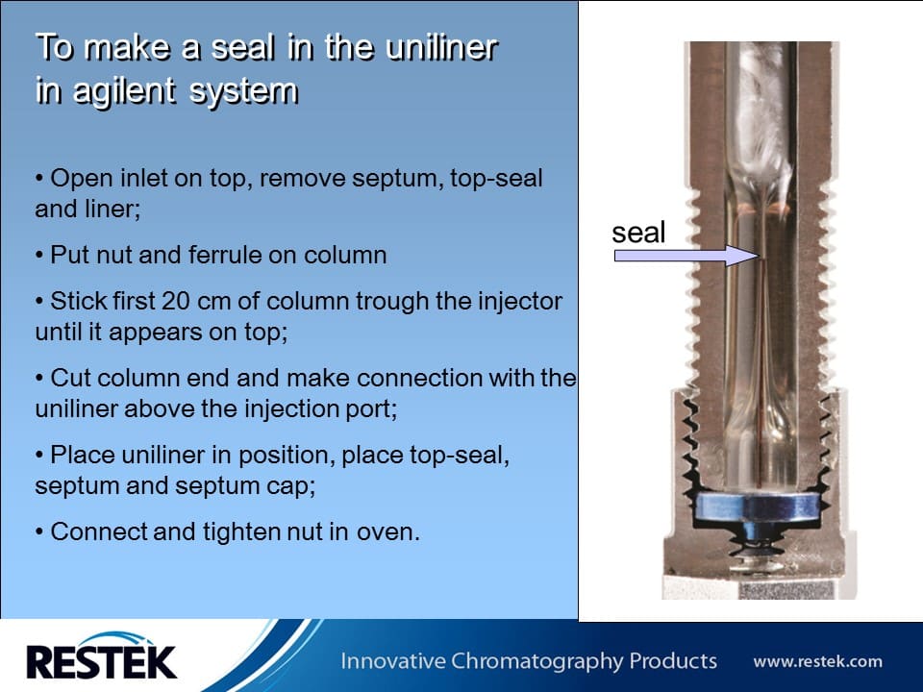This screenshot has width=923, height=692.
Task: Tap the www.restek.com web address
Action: point(817,661)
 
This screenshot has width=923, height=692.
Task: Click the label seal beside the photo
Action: point(638,232)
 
